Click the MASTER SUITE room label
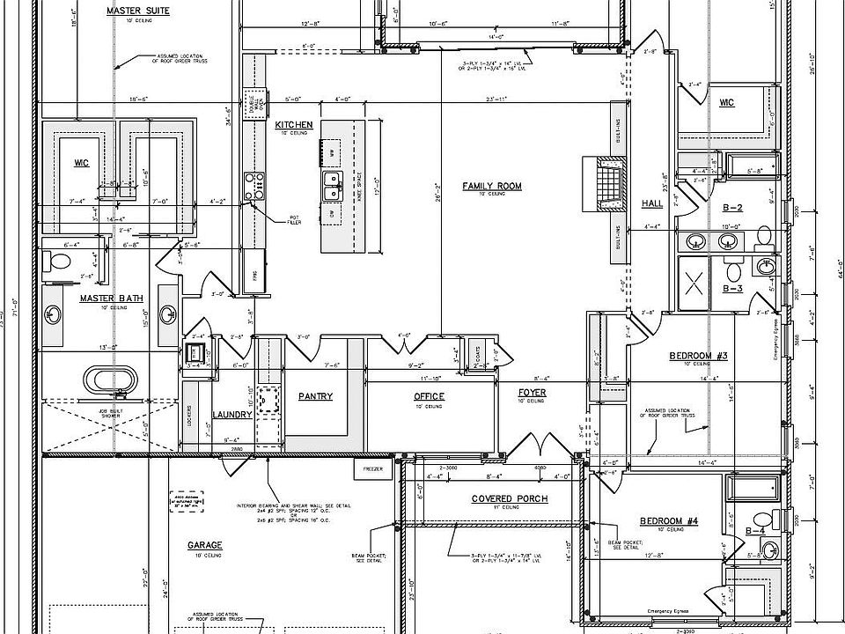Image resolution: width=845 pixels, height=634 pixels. coord(137,11)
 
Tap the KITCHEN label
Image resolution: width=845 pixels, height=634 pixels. coord(293,125)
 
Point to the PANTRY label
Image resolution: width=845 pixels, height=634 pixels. coord(315,396)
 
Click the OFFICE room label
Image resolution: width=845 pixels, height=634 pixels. coord(429,396)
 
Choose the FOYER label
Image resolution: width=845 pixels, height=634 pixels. coord(532,393)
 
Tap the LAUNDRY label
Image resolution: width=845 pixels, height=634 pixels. coord(232,414)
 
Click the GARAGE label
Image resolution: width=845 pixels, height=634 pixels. coord(204,545)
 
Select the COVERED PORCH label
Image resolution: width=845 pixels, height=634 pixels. coord(509,498)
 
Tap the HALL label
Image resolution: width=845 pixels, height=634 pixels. coord(652,203)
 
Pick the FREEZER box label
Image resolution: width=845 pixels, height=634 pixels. coord(372,470)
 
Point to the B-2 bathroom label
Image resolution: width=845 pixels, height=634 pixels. coord(733,208)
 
